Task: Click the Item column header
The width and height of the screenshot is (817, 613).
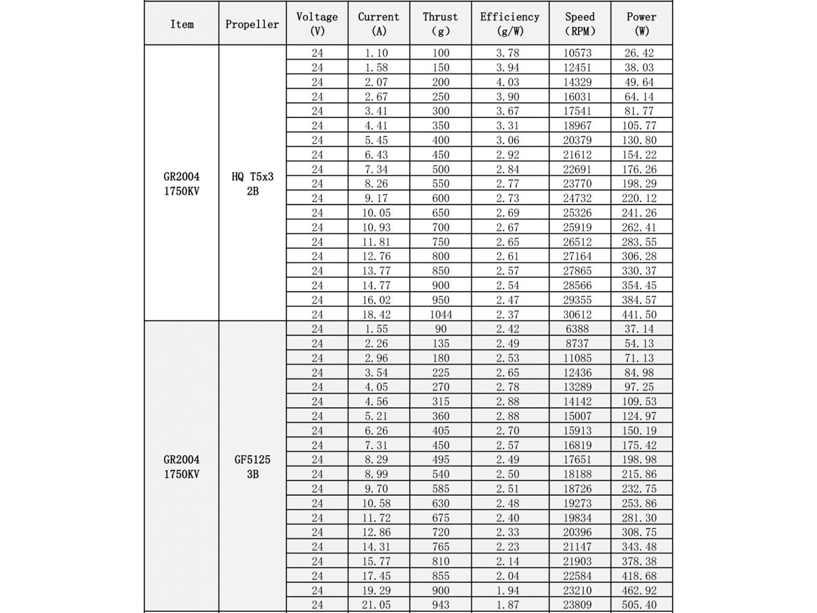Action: tap(182, 24)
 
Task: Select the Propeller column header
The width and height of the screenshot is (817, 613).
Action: tap(252, 24)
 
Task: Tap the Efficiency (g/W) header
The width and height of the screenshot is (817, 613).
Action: tap(510, 24)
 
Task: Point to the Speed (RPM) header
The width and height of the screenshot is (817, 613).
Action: tap(580, 24)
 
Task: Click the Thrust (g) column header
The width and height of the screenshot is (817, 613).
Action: tap(440, 24)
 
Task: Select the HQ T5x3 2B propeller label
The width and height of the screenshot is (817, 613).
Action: tap(253, 184)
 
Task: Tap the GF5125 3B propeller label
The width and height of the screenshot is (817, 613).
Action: tap(253, 466)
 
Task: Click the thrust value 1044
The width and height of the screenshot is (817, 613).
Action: tap(441, 314)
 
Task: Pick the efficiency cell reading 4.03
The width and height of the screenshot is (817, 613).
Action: tap(507, 82)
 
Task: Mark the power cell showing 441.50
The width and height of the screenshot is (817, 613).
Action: tap(639, 314)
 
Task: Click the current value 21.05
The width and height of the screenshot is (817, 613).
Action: tap(376, 605)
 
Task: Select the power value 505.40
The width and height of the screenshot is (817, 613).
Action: tap(639, 605)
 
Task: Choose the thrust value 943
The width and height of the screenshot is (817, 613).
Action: tap(441, 605)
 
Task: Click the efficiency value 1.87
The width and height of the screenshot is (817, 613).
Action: tap(507, 605)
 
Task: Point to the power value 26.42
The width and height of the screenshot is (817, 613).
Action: tap(639, 53)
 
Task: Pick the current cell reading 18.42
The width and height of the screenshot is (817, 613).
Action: tap(376, 314)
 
